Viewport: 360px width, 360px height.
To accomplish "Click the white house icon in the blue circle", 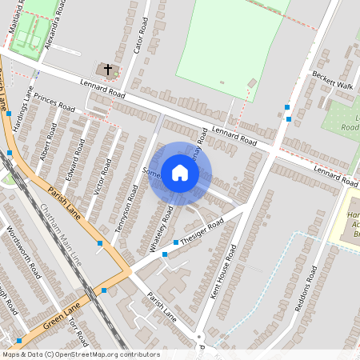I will click(180, 173).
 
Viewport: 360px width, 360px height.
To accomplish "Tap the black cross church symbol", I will click(108, 70).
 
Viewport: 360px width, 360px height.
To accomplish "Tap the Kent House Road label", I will click(225, 271).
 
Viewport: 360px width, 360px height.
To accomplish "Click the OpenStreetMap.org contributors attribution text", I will click(104, 354).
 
